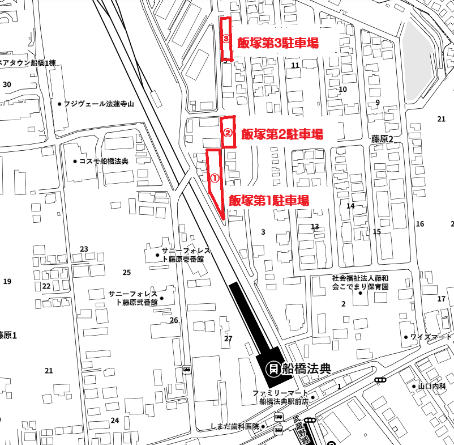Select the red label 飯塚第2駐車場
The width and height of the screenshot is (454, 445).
pos(282,134)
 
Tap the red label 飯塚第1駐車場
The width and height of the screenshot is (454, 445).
pos(269,201)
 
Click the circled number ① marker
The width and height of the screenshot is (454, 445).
pos(215,177)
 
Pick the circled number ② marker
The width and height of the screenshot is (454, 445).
pos(227,133)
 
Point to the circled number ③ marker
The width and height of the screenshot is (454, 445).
pos(226,39)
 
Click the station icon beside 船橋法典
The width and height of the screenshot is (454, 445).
pos(273,369)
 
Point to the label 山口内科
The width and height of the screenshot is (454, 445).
pos(432,387)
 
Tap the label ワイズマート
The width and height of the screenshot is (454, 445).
pos(431,337)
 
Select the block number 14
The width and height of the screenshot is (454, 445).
pos(350,206)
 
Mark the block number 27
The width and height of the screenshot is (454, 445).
pos(228,339)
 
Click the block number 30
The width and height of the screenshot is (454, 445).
pos(7,84)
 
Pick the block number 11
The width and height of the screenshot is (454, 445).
pos(295,66)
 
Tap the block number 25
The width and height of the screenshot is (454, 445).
pos(126,273)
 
